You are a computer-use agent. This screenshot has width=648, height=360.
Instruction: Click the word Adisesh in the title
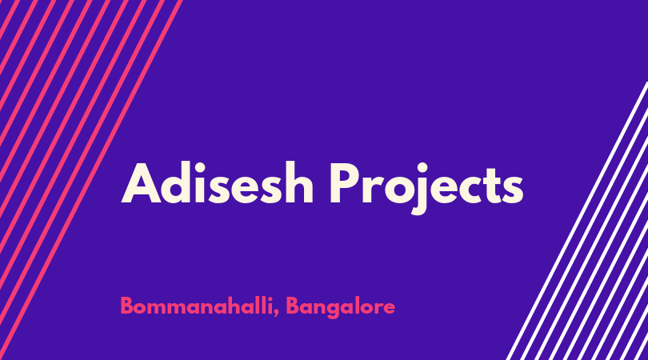[x=217, y=182]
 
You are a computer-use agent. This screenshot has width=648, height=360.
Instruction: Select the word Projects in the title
[x=426, y=188]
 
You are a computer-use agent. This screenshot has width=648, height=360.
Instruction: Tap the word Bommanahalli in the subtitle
[x=196, y=306]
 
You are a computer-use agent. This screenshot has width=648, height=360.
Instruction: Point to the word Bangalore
[x=340, y=307]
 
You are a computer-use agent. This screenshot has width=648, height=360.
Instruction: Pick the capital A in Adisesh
[x=142, y=183]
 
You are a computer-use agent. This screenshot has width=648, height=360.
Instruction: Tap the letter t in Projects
[x=493, y=186]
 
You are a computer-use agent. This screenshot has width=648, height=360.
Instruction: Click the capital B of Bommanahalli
[x=127, y=306]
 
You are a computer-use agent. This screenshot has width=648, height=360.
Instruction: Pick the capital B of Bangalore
[x=293, y=306]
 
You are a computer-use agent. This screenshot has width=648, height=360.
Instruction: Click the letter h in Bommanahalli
[x=241, y=306]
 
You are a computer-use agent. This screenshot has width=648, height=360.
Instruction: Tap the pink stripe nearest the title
[x=90, y=180]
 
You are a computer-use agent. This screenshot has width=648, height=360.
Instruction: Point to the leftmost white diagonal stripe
[x=577, y=221]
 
